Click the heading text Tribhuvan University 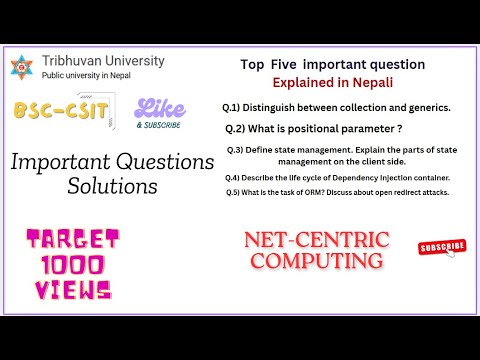coord(103,61)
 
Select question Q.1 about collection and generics coord(336,106)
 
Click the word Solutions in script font coord(111,186)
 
